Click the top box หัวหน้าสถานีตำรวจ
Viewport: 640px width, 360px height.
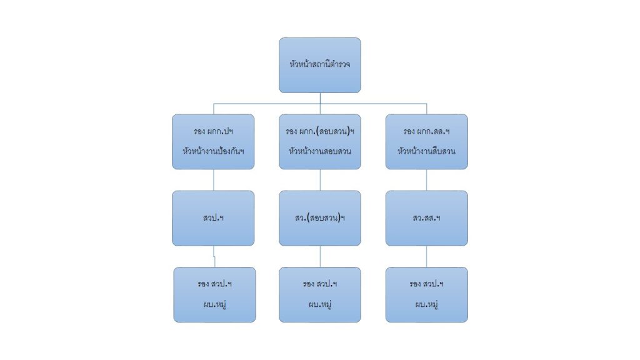319,65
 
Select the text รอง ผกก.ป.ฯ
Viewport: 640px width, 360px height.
213,132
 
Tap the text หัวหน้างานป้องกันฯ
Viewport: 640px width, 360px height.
213,151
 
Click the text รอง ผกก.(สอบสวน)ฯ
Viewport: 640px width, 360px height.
319,132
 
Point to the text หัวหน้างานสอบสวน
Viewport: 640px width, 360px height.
319,151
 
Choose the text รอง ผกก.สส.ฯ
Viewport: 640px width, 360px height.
426,132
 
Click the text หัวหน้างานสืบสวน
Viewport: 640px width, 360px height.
426,151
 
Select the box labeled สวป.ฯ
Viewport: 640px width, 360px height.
213,218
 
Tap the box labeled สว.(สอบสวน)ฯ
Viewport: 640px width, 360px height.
319,218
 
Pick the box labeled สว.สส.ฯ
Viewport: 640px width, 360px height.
426,218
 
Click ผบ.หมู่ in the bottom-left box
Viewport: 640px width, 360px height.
214,304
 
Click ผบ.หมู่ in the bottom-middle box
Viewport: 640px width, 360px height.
319,304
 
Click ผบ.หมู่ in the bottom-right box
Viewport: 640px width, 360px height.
426,304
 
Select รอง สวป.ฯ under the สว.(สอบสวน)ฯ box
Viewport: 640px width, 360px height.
319,284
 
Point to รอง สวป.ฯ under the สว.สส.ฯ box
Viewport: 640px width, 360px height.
426,284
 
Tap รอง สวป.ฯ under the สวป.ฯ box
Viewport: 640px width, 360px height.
214,284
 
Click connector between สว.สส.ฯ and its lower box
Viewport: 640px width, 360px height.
427,256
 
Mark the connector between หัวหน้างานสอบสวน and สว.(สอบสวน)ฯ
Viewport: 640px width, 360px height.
320,180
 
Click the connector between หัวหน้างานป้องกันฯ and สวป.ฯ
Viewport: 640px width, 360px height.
213,180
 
